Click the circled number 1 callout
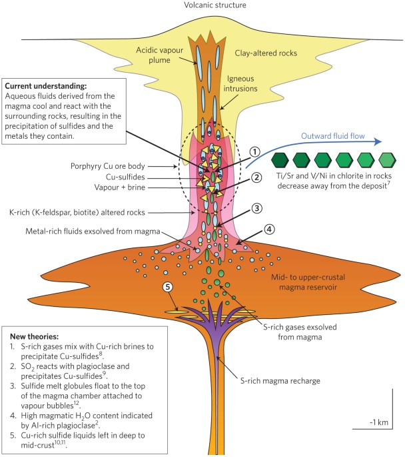pos(254,152)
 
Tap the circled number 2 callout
pos(256,177)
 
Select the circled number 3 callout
pos(256,208)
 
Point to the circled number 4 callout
pos(269,230)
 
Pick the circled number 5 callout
pos(168,287)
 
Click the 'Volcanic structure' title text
pos(215,5)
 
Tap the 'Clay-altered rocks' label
pos(266,53)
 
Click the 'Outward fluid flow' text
pos(333,136)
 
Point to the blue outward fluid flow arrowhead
pos(378,141)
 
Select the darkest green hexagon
pos(280,160)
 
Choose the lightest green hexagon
pos(387,160)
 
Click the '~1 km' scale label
pos(379,422)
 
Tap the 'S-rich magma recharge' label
pos(280,381)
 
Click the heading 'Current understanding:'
pos(46,86)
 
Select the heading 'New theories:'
pos(35,336)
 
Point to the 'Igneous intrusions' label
pos(240,83)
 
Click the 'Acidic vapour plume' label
pos(159,55)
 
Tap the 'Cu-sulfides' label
pos(125,177)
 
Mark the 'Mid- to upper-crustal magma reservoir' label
pos(308,282)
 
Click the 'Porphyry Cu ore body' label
pos(108,166)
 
